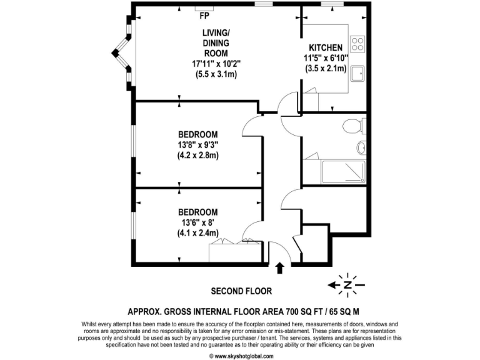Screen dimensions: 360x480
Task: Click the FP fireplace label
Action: [x=204, y=16]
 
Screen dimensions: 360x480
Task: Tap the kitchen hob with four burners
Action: [x=358, y=43]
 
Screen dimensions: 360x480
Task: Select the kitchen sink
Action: [x=358, y=74]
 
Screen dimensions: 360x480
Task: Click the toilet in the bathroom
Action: [x=355, y=126]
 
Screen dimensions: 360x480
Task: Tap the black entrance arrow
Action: [x=279, y=268]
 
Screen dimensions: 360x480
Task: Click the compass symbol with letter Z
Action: [x=347, y=285]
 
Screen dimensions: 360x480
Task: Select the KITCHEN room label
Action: [x=326, y=47]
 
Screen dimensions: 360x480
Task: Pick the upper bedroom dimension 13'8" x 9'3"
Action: [x=197, y=145]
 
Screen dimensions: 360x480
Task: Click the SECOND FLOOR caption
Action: [x=241, y=291]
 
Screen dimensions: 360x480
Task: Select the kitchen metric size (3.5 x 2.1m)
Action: [x=326, y=69]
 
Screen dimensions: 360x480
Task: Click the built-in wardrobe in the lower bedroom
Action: [x=223, y=252]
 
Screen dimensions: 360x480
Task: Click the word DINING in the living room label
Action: [x=215, y=42]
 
